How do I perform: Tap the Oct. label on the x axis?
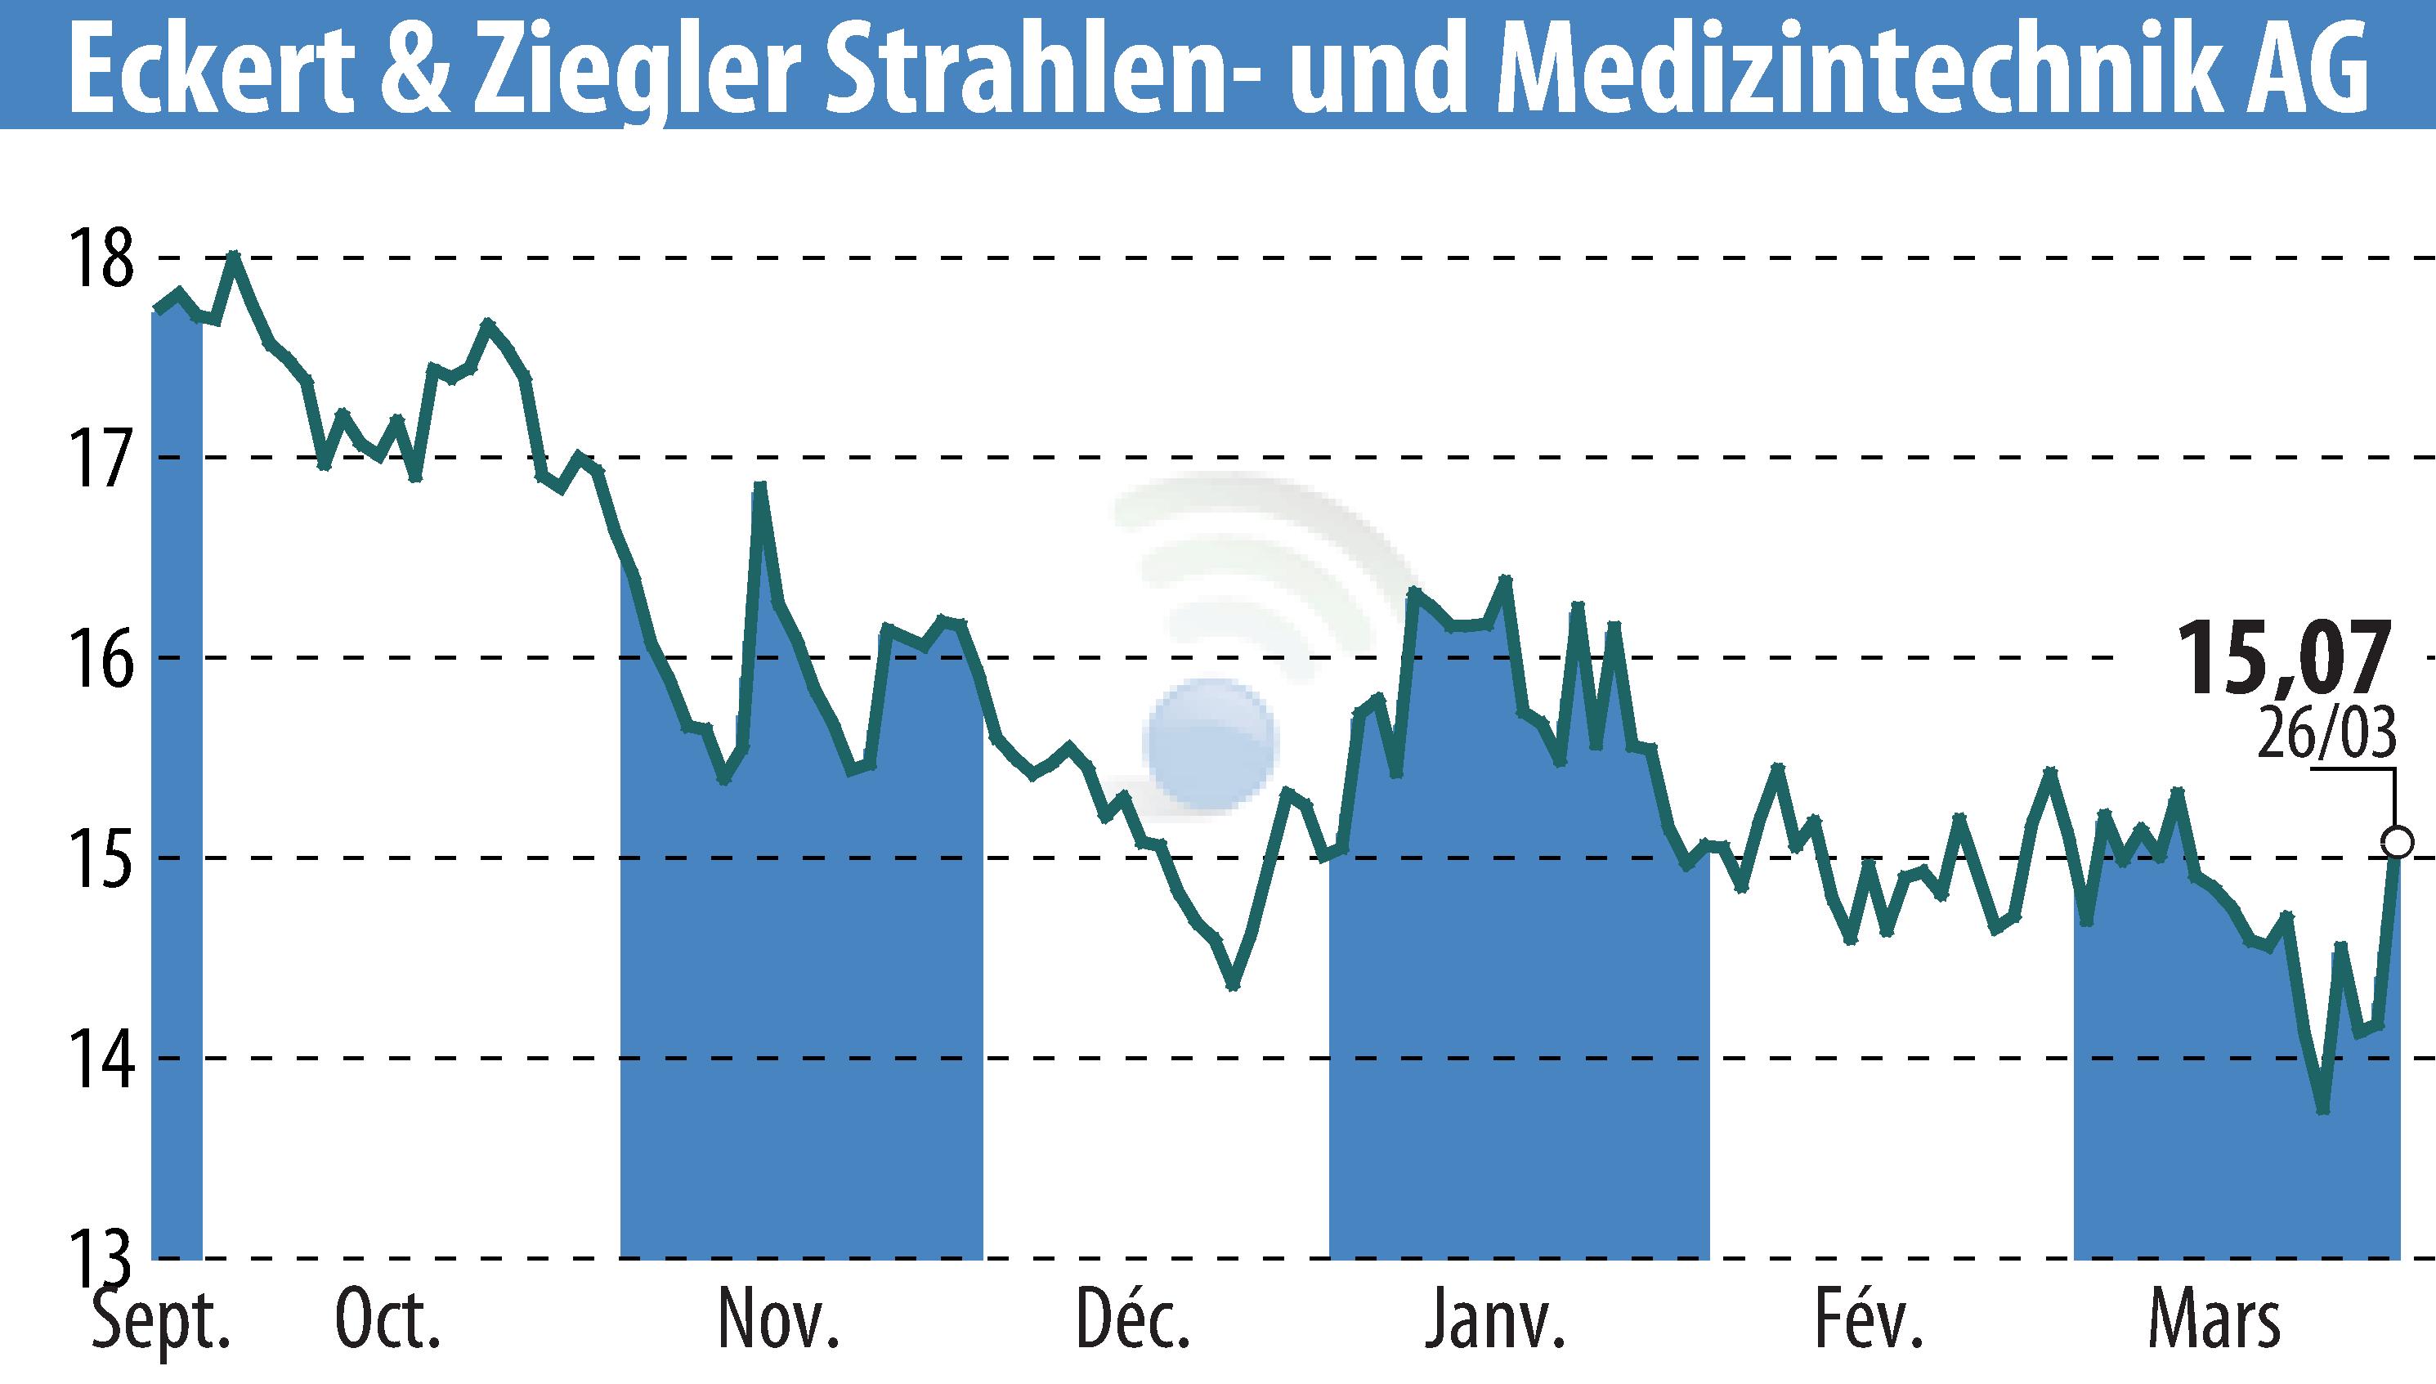(387, 1320)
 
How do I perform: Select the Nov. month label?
(778, 1320)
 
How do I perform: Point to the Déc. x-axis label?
(1133, 1320)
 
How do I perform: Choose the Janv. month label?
(1495, 1320)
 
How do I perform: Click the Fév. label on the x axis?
(1869, 1320)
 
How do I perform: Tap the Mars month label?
(2214, 1320)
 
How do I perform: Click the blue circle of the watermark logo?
(1210, 744)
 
